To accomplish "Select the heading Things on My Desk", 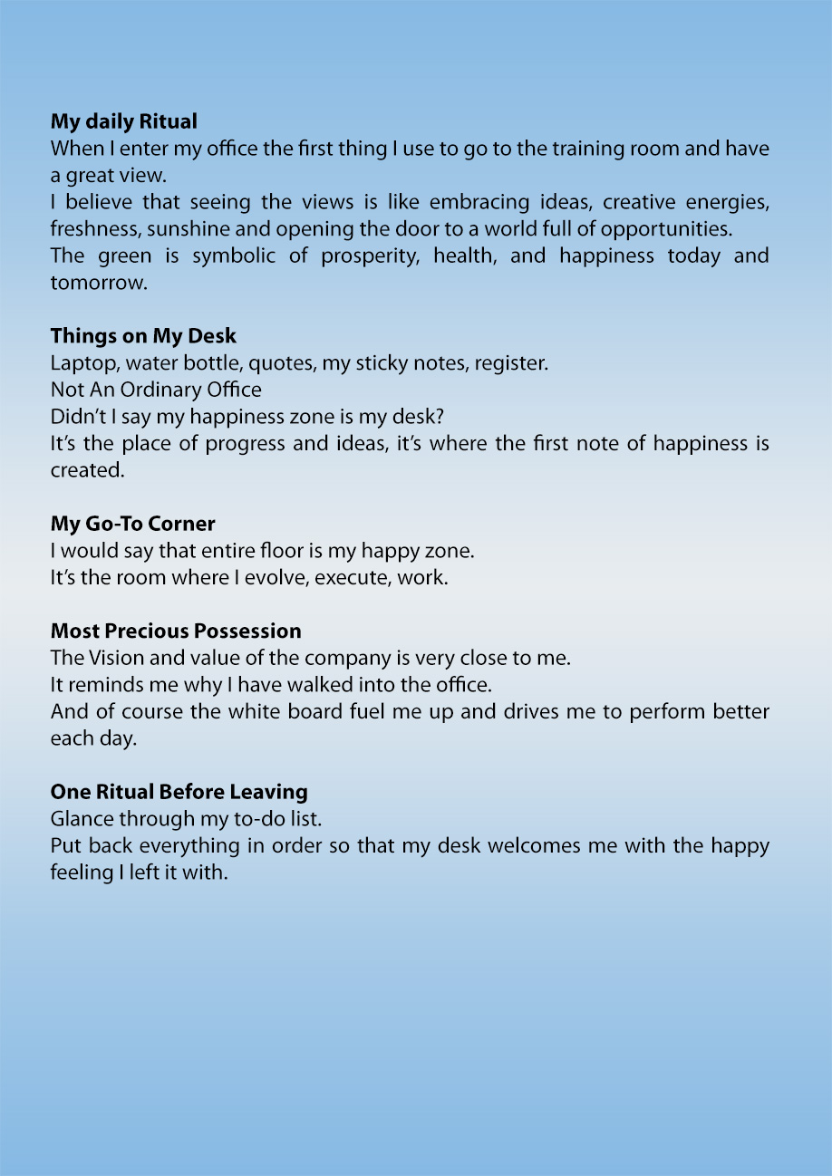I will tap(143, 336).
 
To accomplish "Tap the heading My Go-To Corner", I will tap(132, 524).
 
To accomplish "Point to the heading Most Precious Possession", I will tap(176, 631).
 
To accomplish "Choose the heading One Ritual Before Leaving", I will tap(179, 792).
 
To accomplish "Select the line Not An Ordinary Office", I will tap(156, 390).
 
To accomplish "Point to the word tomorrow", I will tap(98, 283).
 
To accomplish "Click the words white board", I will tap(284, 712).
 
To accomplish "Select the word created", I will tap(85, 470).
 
